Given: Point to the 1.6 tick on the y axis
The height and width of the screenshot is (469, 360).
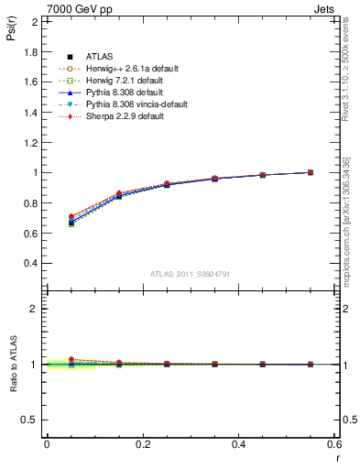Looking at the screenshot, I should [x=30, y=82].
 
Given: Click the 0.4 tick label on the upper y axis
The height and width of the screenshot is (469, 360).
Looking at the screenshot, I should [x=30, y=263].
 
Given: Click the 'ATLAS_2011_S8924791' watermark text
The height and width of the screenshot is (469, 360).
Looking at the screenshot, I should [x=190, y=273].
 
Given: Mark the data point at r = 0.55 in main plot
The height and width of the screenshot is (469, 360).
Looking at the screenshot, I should [x=311, y=172].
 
